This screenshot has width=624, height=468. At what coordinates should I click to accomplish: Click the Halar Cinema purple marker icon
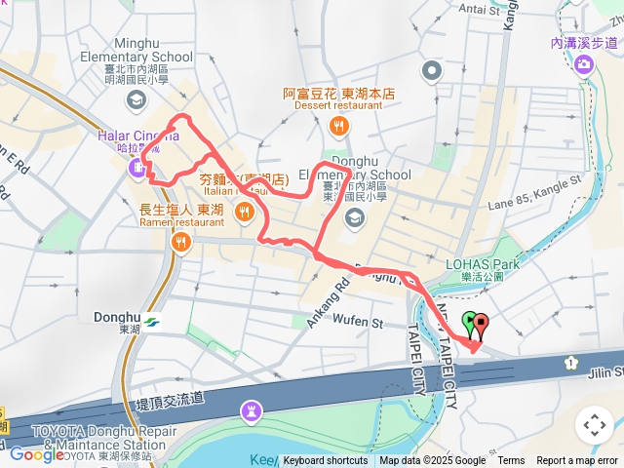pyautogui.click(x=136, y=171)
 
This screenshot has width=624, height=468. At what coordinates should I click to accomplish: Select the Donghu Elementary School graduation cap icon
pyautogui.click(x=354, y=215)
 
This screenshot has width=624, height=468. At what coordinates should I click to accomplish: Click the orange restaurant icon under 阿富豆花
pyautogui.click(x=338, y=125)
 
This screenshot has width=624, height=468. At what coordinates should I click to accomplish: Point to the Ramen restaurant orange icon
pyautogui.click(x=180, y=243)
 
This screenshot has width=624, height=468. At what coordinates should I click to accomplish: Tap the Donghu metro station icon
pyautogui.click(x=152, y=321)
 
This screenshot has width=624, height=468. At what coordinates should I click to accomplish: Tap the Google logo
pyautogui.click(x=36, y=454)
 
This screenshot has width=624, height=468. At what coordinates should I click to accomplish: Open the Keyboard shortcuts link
pyautogui.click(x=326, y=461)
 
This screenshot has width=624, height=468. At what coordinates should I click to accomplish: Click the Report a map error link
pyautogui.click(x=578, y=461)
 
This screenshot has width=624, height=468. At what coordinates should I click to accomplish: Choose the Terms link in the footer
pyautogui.click(x=511, y=461)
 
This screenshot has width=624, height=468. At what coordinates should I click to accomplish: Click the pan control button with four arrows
pyautogui.click(x=594, y=425)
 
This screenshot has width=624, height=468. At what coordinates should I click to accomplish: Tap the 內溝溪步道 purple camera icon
pyautogui.click(x=584, y=64)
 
